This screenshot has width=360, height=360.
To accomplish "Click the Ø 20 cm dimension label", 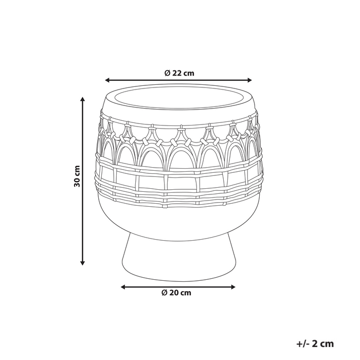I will pos(176,293).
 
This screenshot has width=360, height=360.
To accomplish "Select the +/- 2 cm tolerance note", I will pos(315,344).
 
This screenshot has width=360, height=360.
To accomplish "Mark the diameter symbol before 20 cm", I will pos(164,293).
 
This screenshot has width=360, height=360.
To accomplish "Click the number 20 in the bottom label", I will pos(174,293).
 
